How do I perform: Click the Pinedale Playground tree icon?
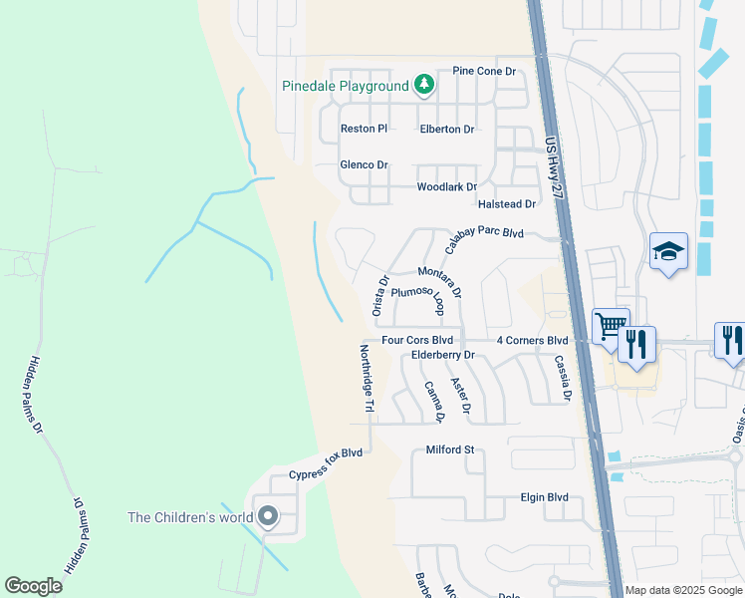424,85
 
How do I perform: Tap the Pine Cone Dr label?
483,72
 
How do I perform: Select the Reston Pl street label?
364,129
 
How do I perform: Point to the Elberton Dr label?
447,129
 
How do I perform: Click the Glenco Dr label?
364,164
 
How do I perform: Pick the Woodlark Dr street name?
446,186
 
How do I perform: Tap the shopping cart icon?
610,325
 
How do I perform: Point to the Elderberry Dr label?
444,355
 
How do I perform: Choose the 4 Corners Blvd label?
532,340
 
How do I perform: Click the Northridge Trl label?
366,379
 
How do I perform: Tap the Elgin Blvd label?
544,497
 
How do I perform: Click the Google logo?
34,587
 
